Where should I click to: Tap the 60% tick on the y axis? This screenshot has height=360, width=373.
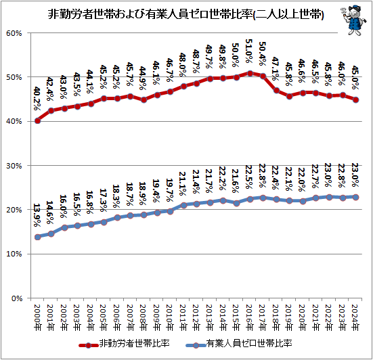click(14, 33)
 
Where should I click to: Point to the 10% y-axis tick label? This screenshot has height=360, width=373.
click(14, 254)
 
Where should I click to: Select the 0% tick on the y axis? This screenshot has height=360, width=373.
click(16, 298)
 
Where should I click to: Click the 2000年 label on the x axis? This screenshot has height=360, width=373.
click(38, 316)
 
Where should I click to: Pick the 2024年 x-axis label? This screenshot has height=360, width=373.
click(356, 316)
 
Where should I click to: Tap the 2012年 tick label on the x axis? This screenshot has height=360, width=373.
click(197, 316)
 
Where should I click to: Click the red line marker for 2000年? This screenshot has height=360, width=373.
click(37, 120)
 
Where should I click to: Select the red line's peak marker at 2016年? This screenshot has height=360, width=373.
click(250, 73)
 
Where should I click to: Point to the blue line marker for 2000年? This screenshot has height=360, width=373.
click(37, 237)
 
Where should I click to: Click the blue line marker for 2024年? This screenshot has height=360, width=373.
click(356, 197)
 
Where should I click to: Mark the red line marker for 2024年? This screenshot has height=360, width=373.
click(356, 99)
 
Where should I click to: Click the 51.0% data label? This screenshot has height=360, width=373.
click(251, 52)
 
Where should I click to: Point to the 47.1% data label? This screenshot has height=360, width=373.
click(278, 70)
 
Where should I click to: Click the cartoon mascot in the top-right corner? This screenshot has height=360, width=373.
click(351, 18)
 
